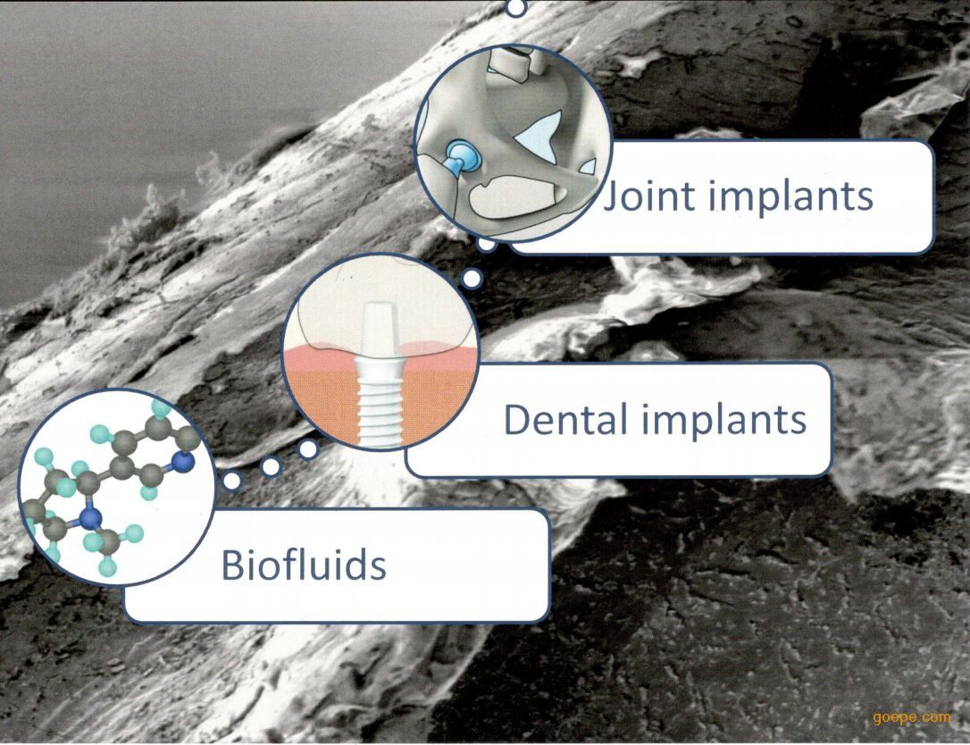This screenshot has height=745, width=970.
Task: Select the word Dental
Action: tap(560, 420)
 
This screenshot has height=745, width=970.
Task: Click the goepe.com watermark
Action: tap(912, 718)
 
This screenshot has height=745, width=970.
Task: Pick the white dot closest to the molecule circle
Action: tap(232, 481)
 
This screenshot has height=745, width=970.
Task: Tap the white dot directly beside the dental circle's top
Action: tap(472, 279)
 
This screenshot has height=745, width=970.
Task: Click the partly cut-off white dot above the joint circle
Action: tap(516, 6)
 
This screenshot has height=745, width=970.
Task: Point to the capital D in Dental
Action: tap(519, 420)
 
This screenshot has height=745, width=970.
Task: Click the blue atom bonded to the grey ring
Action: tap(181, 462)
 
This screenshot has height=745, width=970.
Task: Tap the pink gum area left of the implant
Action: tap(322, 357)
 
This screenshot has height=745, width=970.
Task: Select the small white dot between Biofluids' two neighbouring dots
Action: tap(272, 466)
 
